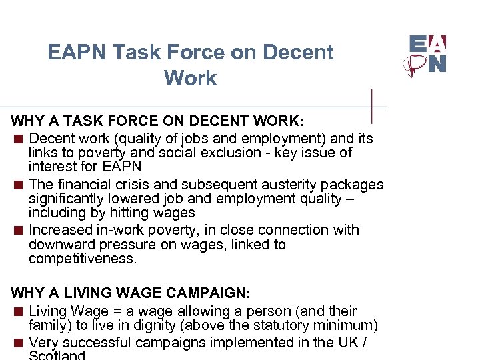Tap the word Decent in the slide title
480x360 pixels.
(297, 53)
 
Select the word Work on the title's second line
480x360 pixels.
(190, 78)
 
